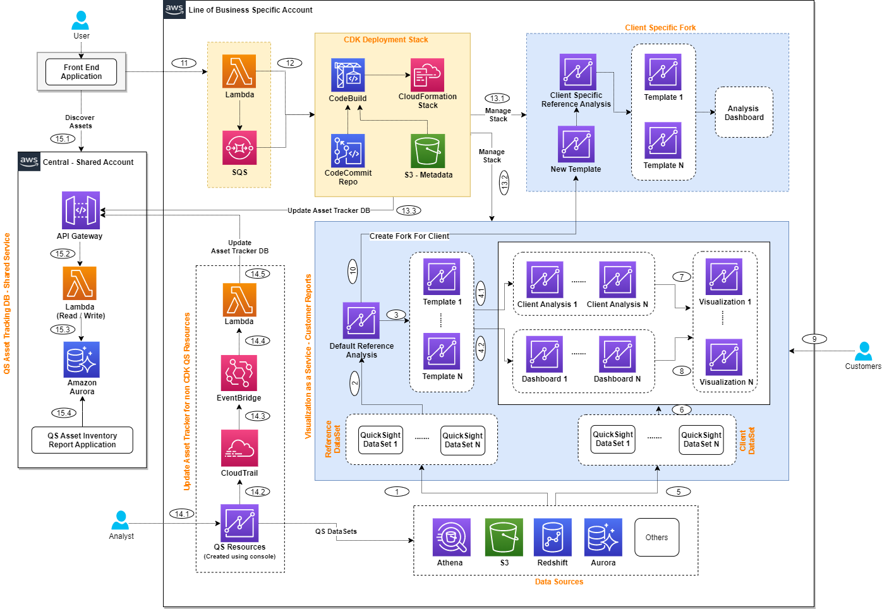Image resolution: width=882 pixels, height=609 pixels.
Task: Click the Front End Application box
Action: click(x=81, y=72)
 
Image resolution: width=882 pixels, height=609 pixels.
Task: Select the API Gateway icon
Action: click(x=81, y=210)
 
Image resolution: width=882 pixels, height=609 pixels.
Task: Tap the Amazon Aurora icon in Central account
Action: click(x=82, y=359)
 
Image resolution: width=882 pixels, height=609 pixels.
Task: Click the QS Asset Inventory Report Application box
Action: click(x=82, y=440)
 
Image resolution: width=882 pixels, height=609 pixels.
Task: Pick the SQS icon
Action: click(x=239, y=148)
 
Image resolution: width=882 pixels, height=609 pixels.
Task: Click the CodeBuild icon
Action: click(x=347, y=75)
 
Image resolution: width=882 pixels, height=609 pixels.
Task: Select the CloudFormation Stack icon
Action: click(x=427, y=75)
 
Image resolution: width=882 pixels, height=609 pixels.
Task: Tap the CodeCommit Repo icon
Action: click(x=347, y=150)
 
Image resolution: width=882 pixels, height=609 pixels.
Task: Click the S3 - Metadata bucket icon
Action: click(x=428, y=151)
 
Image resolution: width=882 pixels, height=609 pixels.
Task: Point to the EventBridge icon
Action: click(x=239, y=373)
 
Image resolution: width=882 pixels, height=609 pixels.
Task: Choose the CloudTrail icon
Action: click(x=239, y=448)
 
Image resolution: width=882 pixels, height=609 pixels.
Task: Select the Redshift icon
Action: click(x=552, y=537)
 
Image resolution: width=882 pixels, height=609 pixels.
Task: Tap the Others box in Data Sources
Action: click(x=656, y=538)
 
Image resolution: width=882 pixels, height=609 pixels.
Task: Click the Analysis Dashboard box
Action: click(x=744, y=112)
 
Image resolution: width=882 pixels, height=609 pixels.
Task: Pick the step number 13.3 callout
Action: click(x=409, y=210)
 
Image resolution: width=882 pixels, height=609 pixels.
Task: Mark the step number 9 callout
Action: click(x=814, y=339)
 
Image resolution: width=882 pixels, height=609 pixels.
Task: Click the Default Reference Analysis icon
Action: click(x=361, y=320)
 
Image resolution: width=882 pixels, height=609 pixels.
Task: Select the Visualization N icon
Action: click(x=724, y=357)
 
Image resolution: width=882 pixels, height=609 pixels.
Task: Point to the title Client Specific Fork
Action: click(x=660, y=28)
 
